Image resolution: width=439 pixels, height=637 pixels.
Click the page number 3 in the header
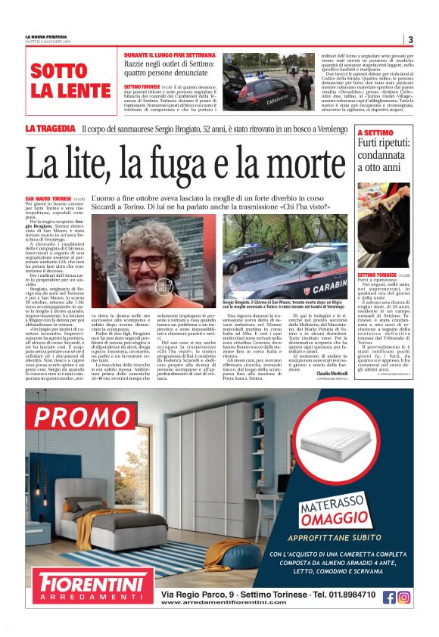click(x=409, y=40)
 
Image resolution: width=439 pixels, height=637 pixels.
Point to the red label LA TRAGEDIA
click(x=50, y=129)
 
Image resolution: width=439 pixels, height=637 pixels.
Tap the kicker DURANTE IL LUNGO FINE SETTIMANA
click(x=172, y=55)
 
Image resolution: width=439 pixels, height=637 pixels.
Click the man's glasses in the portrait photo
click(x=144, y=260)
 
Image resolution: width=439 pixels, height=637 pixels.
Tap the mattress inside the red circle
click(x=333, y=445)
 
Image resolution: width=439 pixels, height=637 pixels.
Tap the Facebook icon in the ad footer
click(x=389, y=597)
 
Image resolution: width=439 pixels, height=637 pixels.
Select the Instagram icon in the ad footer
click(x=404, y=597)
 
